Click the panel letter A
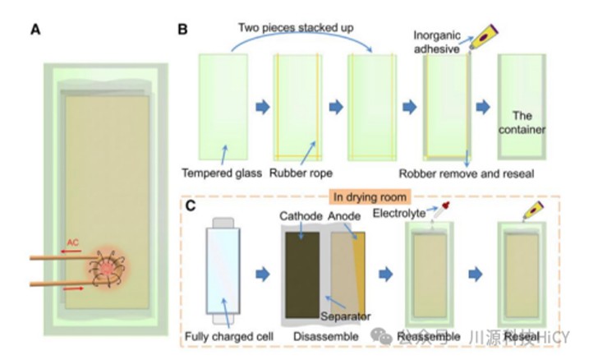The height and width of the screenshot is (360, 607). click(x=35, y=30)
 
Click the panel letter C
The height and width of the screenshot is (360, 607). click(x=191, y=206)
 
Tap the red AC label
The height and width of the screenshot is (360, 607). click(x=74, y=243)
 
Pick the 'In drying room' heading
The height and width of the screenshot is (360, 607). click(x=370, y=196)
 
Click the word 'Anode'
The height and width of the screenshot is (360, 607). click(x=345, y=215)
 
